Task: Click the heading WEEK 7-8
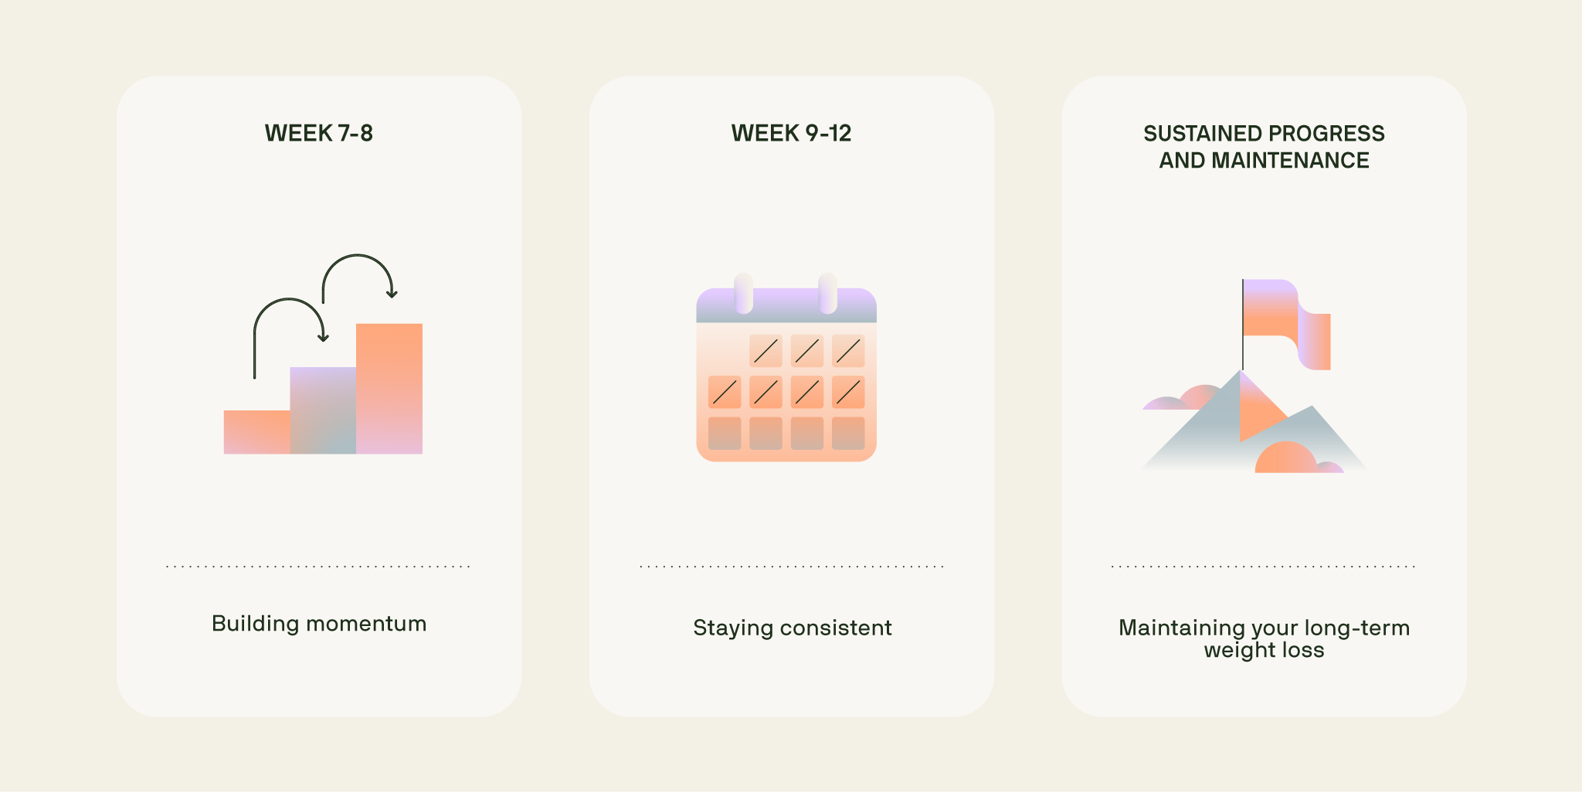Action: click(x=318, y=133)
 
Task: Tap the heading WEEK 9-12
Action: click(x=791, y=133)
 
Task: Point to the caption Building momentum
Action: click(x=318, y=624)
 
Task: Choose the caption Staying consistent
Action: click(x=792, y=628)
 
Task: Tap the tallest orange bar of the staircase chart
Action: click(x=389, y=386)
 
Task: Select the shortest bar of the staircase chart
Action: click(x=256, y=432)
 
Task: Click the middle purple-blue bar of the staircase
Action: click(x=323, y=410)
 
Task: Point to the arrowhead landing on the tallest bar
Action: click(x=392, y=294)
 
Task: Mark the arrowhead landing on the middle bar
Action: click(x=324, y=337)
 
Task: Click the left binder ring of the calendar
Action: click(x=744, y=294)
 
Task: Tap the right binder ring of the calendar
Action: click(x=827, y=294)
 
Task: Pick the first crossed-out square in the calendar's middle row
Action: click(x=725, y=393)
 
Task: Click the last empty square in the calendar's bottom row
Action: click(x=848, y=434)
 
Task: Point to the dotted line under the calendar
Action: click(x=792, y=567)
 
